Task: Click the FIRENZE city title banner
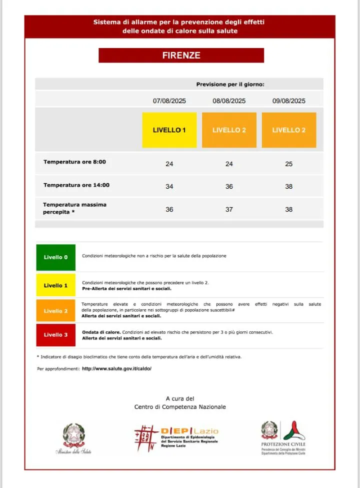point(181,56)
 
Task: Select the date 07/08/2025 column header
point(169,101)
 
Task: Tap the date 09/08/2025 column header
point(288,101)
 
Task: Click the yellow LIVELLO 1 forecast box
point(169,130)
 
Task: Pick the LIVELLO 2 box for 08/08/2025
point(229,130)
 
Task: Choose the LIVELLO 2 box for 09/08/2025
point(288,130)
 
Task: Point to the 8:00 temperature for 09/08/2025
point(288,164)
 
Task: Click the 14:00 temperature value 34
point(169,187)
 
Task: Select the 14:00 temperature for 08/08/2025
point(229,187)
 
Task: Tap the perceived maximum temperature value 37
point(229,210)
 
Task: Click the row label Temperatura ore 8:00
point(74,162)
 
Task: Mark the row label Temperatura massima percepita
point(74,208)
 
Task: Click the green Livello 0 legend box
point(55,257)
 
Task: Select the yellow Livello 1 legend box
point(55,285)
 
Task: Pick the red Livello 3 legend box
point(55,335)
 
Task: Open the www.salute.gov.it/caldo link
point(116,369)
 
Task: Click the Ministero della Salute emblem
point(74,435)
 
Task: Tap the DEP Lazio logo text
point(189,431)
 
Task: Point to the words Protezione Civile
point(283,444)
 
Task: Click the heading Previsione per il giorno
point(230,84)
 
